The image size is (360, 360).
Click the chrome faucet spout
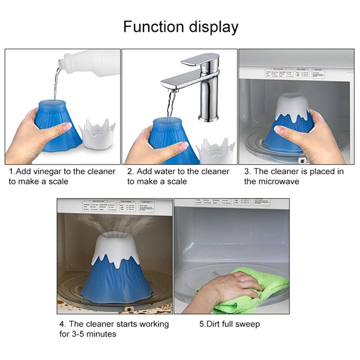point(180,83)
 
